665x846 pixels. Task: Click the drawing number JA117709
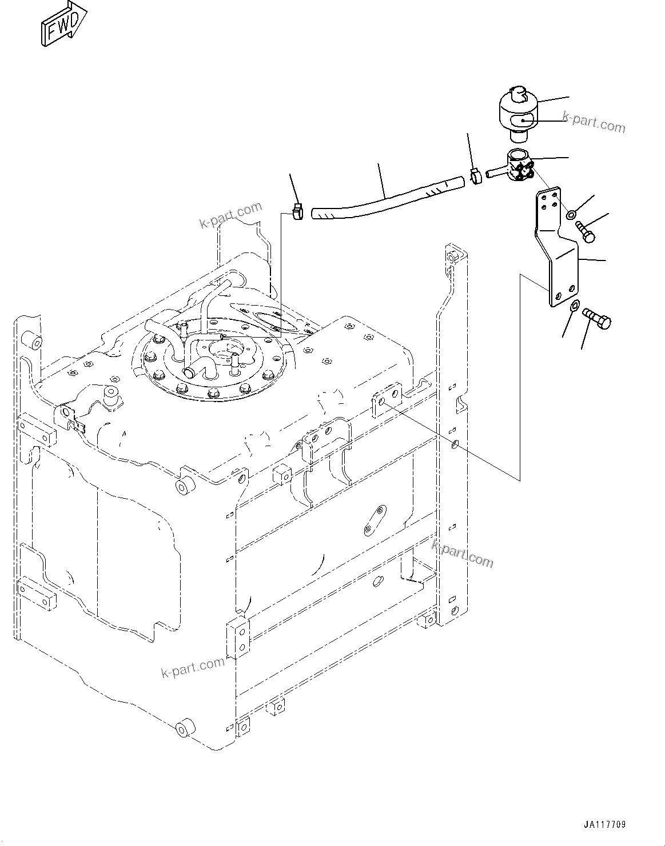click(x=605, y=825)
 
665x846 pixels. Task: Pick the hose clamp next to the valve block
click(x=475, y=175)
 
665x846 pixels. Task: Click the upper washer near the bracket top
click(x=572, y=215)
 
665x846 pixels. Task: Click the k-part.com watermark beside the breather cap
click(x=594, y=122)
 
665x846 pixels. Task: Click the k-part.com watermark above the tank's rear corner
click(x=230, y=215)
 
